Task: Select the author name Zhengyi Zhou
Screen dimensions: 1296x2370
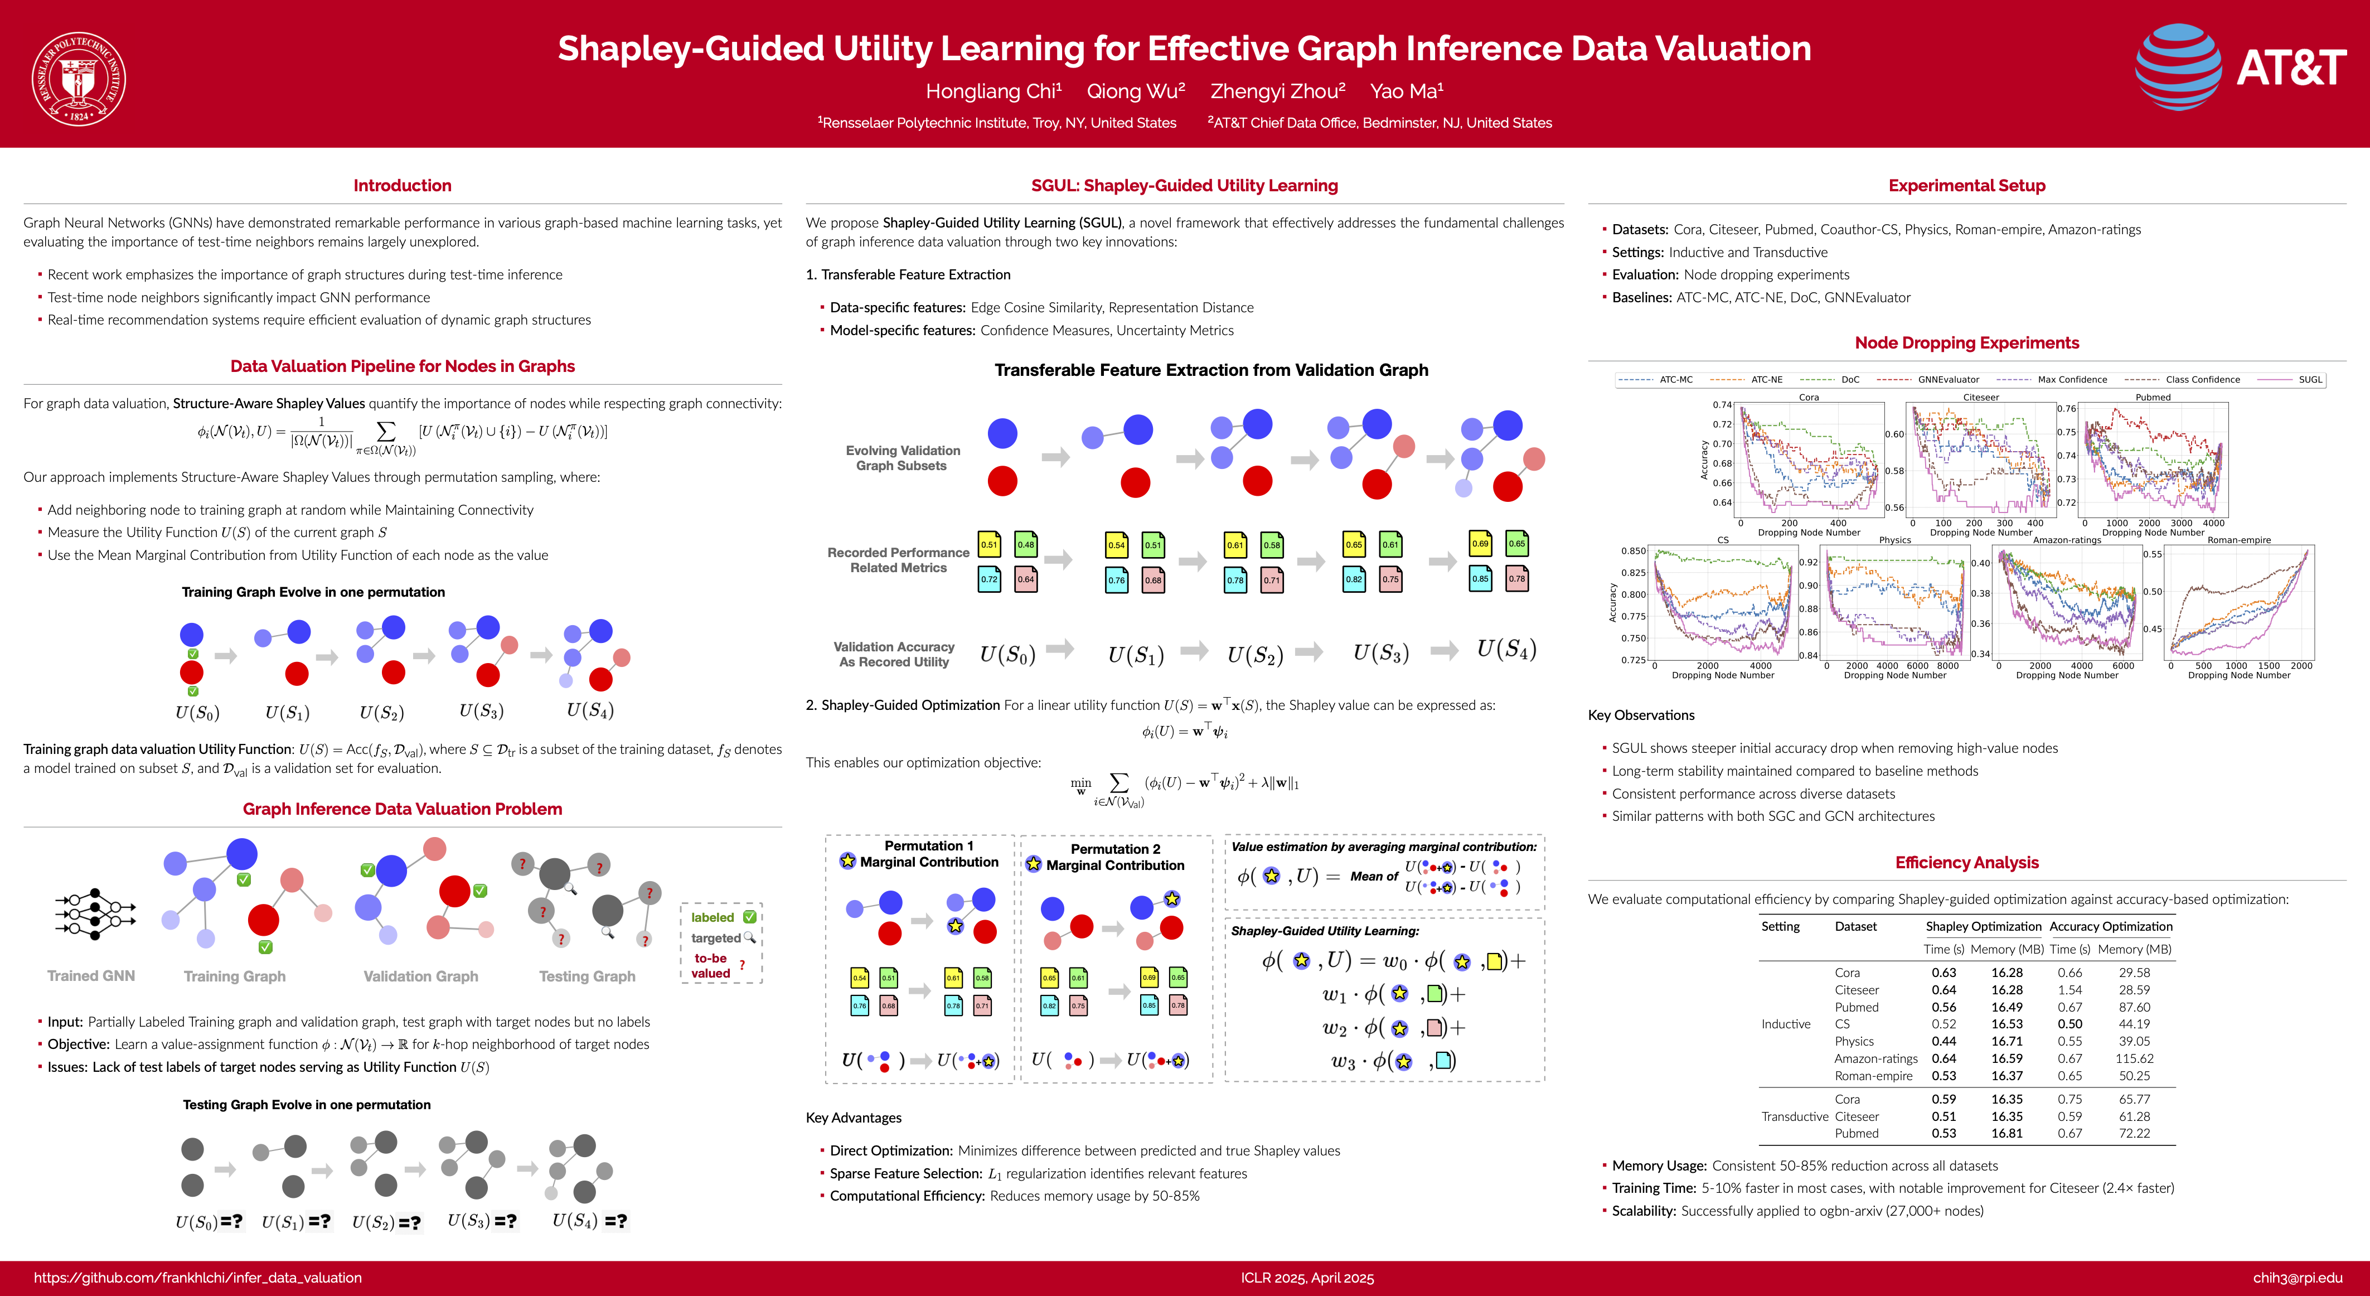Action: [x=1277, y=91]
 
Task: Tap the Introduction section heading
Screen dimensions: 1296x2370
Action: [x=402, y=185]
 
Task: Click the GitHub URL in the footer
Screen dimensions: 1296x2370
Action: [x=198, y=1278]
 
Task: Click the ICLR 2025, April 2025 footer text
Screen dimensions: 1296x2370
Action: [x=1306, y=1278]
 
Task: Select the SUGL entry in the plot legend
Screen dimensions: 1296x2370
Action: [x=2309, y=379]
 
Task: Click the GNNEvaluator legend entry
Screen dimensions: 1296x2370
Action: [x=1948, y=379]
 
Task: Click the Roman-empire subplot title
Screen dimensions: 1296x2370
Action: [x=2238, y=540]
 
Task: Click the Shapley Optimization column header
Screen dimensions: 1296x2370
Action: [x=1983, y=926]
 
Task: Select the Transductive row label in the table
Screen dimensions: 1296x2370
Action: [x=1794, y=1116]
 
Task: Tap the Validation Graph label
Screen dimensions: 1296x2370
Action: [x=420, y=976]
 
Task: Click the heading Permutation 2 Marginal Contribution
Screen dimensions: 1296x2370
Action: [x=1115, y=857]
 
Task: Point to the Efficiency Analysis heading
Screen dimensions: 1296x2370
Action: [x=1966, y=863]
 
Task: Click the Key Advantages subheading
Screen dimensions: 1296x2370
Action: [x=853, y=1118]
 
